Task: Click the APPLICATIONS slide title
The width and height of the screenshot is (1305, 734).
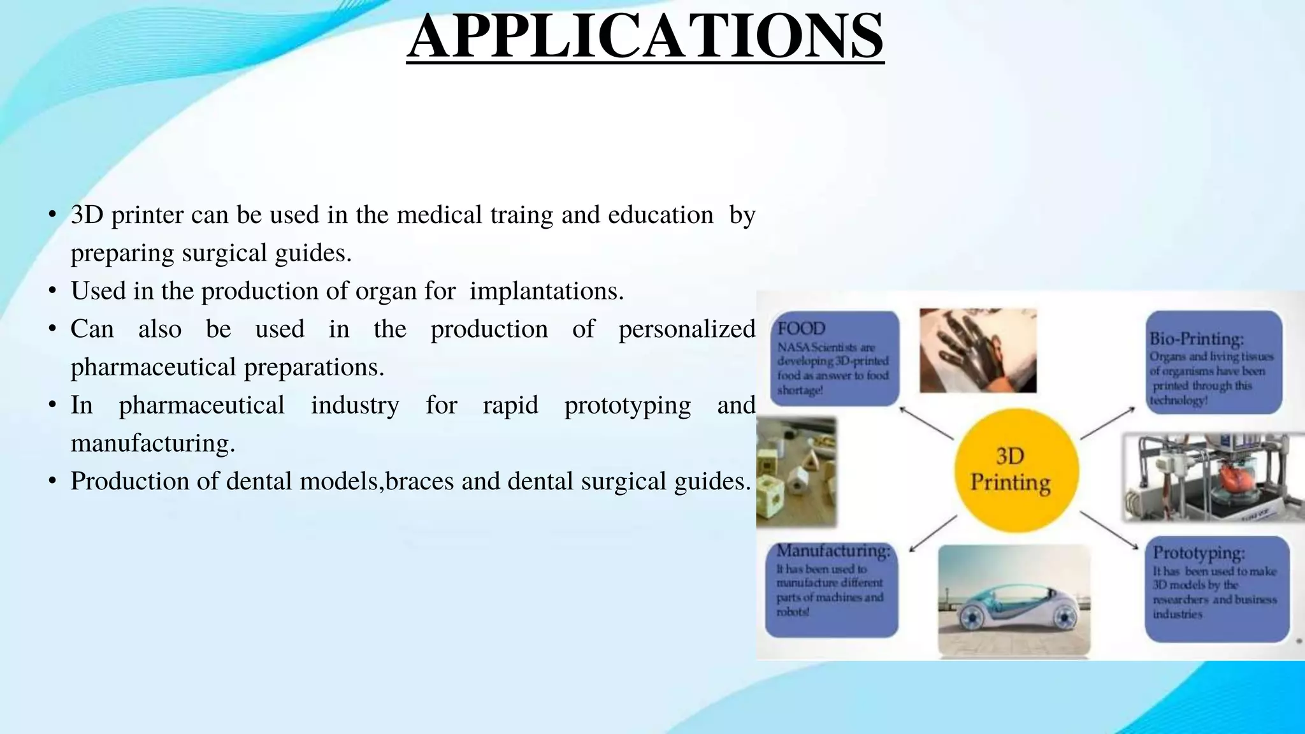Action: [x=645, y=36]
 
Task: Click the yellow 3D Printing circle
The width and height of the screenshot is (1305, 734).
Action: [x=1016, y=470]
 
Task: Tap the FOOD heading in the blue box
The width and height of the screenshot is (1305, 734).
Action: [x=801, y=329]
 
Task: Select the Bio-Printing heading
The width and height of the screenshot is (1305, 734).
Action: [x=1196, y=338]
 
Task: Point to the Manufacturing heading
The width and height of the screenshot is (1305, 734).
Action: [x=833, y=550]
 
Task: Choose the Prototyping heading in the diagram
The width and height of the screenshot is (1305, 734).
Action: [x=1199, y=552]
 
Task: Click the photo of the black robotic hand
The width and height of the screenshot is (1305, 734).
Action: [x=977, y=351]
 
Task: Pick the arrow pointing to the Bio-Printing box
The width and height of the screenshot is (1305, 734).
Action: [x=1107, y=423]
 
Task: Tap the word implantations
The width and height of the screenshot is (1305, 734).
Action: [x=546, y=291]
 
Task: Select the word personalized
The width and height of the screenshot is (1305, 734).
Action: [x=686, y=329]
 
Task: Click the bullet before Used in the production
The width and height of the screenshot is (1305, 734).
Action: [x=53, y=292]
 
